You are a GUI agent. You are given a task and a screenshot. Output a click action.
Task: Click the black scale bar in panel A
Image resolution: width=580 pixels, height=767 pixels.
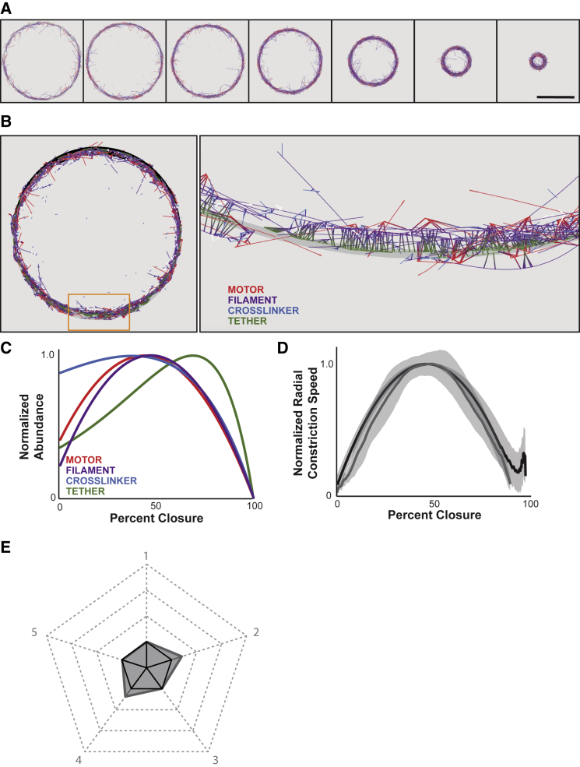(x=555, y=97)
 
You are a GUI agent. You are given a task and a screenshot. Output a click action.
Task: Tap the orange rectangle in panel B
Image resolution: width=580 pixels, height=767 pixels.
(x=99, y=311)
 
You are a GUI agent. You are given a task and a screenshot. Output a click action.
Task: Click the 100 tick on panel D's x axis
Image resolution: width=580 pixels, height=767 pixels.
(x=530, y=504)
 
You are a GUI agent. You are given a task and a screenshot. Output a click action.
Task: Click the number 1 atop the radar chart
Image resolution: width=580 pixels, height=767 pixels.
(x=146, y=555)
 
